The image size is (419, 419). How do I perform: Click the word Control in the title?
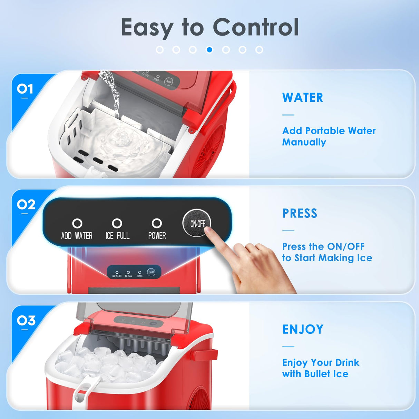tap(255, 27)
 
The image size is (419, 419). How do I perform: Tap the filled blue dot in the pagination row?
tap(209, 50)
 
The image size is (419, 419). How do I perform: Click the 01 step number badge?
tap(25, 89)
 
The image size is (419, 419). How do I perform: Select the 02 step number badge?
tap(26, 205)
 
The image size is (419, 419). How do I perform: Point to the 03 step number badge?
tap(26, 321)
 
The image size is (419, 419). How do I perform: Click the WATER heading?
tap(303, 98)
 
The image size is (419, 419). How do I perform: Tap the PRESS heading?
tap(300, 213)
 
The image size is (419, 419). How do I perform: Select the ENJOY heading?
tap(303, 329)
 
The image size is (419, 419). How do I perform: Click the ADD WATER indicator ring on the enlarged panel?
tap(77, 223)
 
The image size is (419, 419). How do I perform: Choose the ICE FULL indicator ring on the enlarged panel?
tap(117, 223)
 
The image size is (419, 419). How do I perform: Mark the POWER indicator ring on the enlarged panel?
tap(157, 223)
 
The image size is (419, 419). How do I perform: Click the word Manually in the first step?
tap(304, 142)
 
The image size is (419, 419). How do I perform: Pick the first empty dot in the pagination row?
tap(160, 50)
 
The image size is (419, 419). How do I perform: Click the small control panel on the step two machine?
tap(134, 272)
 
